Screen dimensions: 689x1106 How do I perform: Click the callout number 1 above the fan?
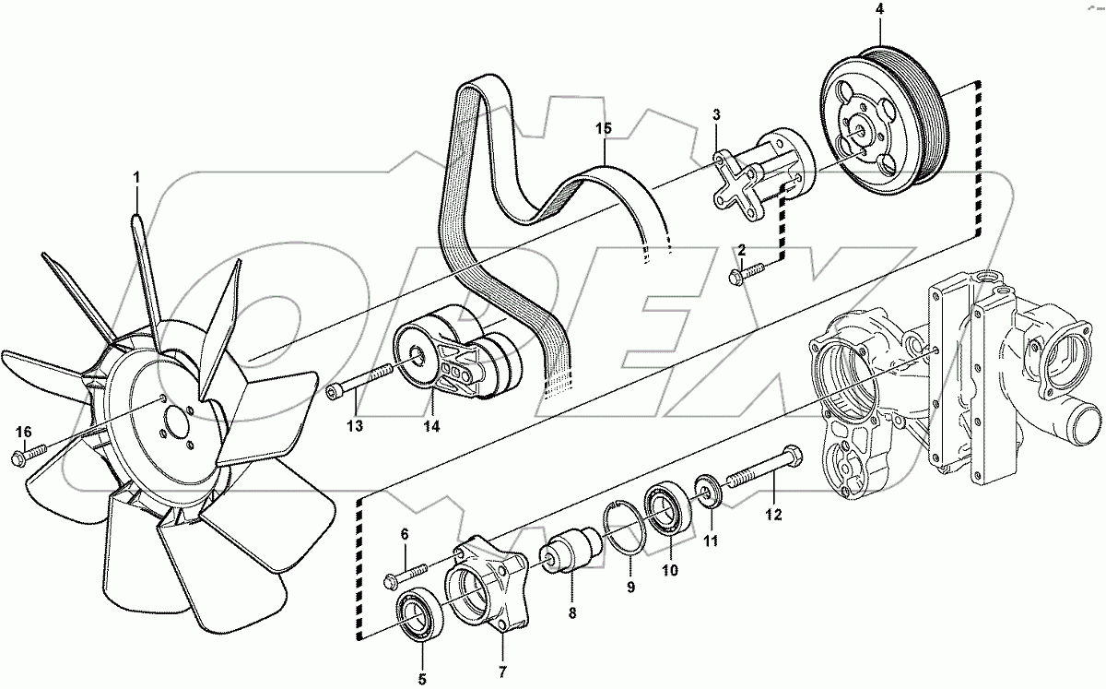[137, 175]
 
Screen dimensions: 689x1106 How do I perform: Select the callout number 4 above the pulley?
[878, 11]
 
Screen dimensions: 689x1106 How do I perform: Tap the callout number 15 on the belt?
[603, 129]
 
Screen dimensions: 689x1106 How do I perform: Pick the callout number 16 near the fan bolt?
[24, 432]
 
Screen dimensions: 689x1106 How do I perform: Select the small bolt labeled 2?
[747, 271]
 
